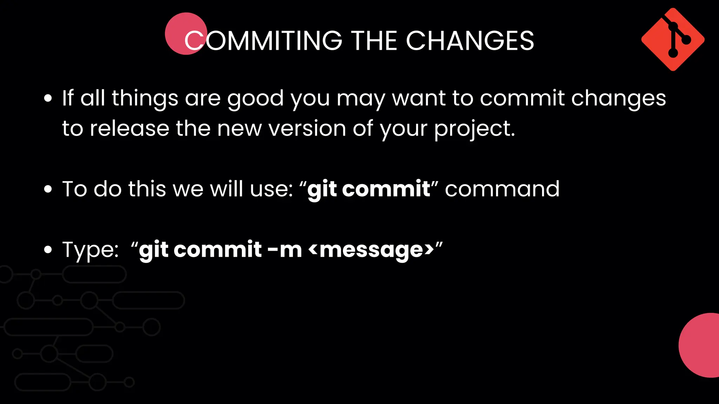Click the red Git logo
tap(673, 40)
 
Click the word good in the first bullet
tap(255, 99)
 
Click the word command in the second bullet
tap(502, 189)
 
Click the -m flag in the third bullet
tap(284, 250)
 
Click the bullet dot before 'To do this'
tap(48, 189)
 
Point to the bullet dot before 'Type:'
tap(48, 250)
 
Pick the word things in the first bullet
tap(145, 99)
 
